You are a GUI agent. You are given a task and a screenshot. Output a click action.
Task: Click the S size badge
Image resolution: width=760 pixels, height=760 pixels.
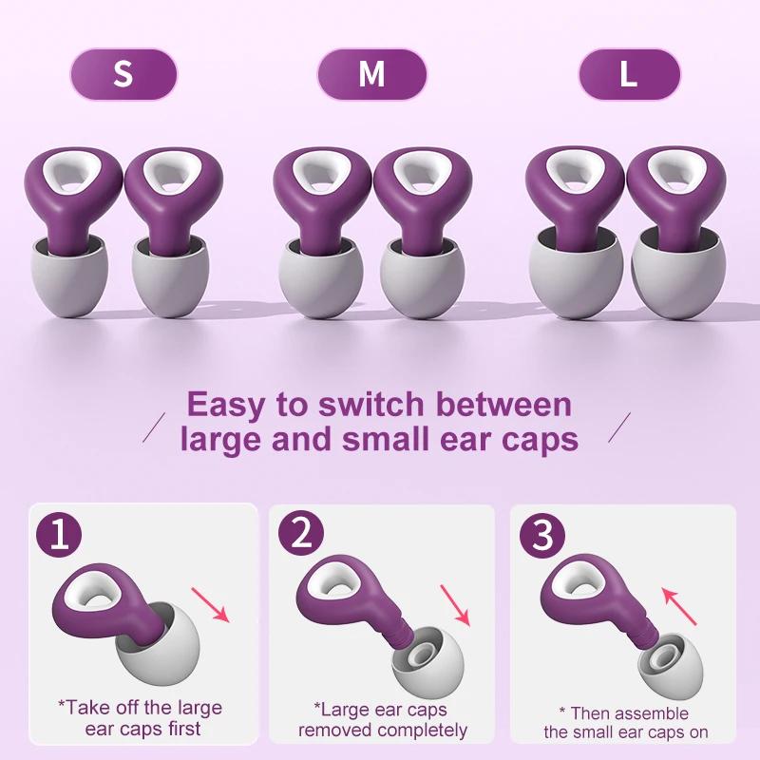[x=123, y=74]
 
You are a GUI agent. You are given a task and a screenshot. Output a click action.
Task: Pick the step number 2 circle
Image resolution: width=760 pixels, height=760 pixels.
[x=301, y=538]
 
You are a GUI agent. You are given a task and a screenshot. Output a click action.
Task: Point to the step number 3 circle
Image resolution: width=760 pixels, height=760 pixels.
[x=542, y=538]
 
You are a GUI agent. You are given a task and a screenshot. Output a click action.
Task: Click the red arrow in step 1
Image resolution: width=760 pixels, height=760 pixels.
[x=212, y=604]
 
